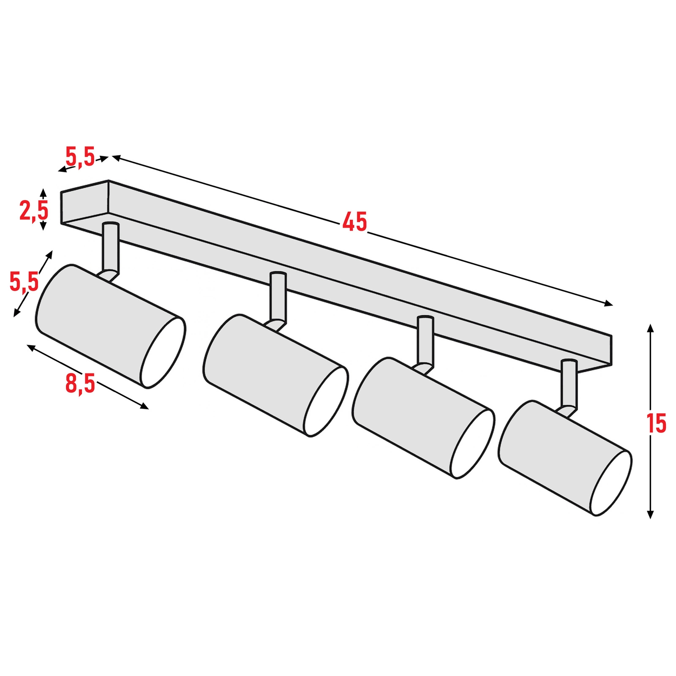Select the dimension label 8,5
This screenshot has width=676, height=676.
80,384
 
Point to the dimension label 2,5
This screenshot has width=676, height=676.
34,210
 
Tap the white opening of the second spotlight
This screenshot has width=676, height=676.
326,401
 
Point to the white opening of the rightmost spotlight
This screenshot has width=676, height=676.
611,483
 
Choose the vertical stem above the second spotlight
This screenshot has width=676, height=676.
278,297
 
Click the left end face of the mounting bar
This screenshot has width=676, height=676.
85,202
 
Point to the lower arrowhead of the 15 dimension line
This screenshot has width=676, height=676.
651,514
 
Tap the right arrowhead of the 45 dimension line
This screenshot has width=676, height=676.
608,303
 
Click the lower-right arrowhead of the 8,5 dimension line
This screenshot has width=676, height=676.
144,406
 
